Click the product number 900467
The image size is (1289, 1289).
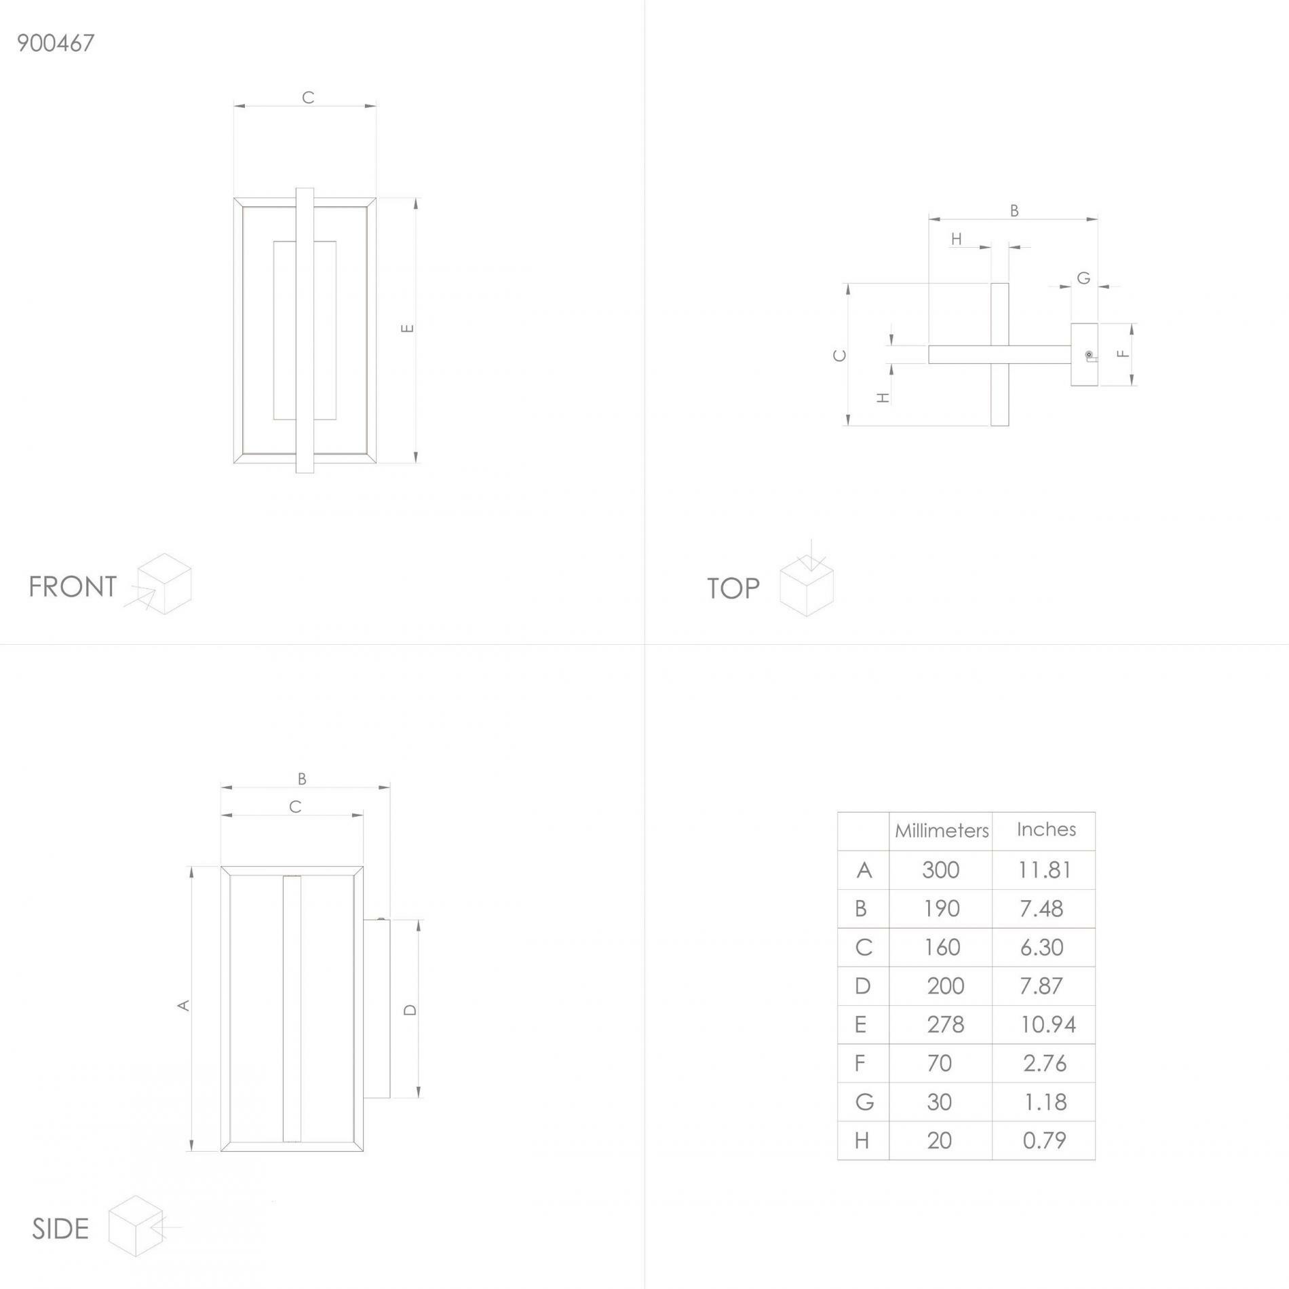tap(56, 43)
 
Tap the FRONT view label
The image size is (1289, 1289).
tap(73, 586)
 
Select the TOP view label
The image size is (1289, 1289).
tap(733, 589)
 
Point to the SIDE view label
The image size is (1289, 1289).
tap(60, 1229)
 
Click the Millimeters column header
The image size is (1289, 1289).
tap(942, 831)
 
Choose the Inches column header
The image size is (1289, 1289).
tap(1046, 829)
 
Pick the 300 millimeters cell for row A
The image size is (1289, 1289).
tap(941, 870)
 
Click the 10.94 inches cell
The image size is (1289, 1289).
tap(1048, 1024)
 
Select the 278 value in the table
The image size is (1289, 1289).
tap(945, 1024)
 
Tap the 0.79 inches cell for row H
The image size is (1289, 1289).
tap(1045, 1140)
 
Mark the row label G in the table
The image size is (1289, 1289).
tap(864, 1102)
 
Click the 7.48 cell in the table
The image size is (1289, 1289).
tap(1041, 908)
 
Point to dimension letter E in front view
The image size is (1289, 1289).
tap(407, 329)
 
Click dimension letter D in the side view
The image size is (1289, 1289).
tap(410, 1009)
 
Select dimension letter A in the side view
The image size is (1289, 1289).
tap(183, 1005)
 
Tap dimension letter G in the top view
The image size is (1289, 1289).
tap(1083, 278)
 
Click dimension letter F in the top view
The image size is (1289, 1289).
tap(1123, 353)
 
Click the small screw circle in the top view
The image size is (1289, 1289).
tap(1088, 354)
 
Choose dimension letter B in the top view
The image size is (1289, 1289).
tap(1014, 210)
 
